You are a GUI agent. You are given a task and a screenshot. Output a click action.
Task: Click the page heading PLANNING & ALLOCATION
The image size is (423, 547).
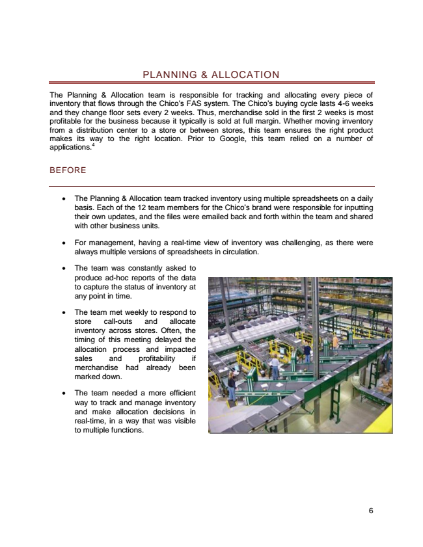pos(211,75)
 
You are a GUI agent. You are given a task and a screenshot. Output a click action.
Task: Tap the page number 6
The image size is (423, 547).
pos(370,511)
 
